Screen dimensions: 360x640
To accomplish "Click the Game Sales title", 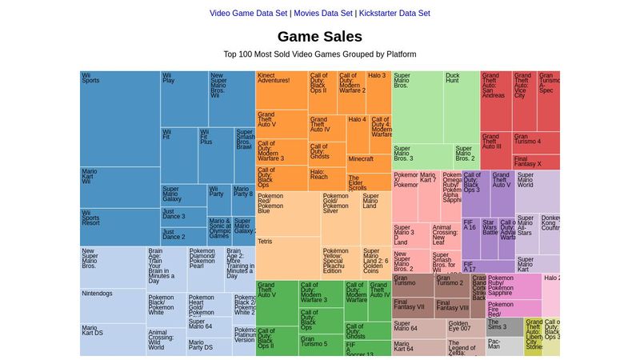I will pos(320,36).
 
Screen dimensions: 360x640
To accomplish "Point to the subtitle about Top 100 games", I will pos(320,54).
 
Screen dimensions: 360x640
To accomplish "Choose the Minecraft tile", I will pos(369,163).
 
